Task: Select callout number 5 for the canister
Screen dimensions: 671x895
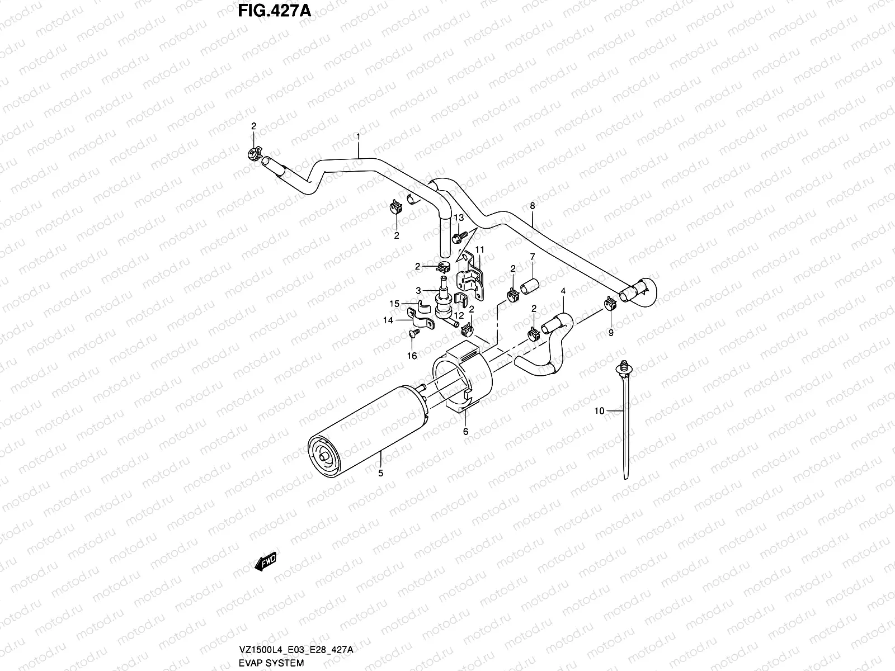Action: [380, 474]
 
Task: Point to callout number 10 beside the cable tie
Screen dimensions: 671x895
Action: [599, 411]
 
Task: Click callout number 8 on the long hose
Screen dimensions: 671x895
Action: [532, 206]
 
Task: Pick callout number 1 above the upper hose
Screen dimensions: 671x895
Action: [359, 136]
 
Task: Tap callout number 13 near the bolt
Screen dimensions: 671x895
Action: [459, 217]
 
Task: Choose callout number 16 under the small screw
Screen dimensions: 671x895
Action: [412, 356]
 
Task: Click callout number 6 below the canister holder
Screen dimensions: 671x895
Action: [465, 432]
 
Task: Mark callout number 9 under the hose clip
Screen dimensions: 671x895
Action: [611, 333]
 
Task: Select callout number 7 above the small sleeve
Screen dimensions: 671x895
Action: [533, 257]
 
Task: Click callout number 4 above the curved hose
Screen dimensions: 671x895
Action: [563, 291]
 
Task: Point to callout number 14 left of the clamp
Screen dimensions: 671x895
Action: [388, 320]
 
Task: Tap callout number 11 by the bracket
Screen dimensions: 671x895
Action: [479, 249]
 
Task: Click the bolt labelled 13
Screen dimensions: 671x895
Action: [457, 238]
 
